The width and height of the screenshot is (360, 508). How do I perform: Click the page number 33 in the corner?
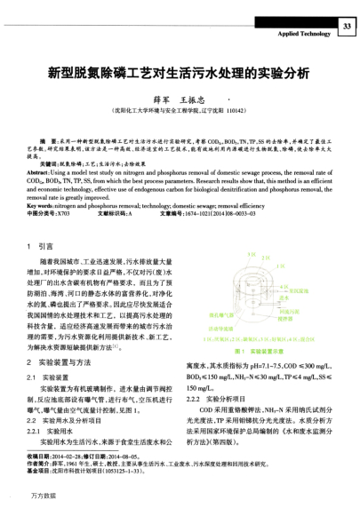348,27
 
